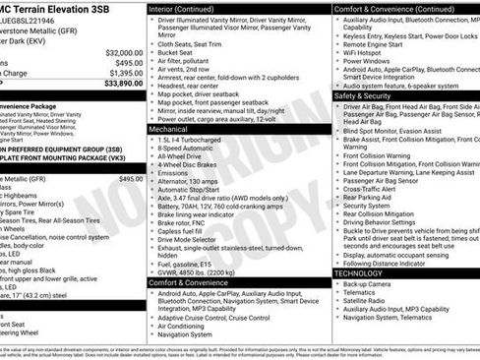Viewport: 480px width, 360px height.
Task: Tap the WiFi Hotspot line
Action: pos(366,53)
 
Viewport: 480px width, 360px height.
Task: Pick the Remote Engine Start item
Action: pos(373,44)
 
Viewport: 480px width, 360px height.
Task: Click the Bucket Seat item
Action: pos(179,44)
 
